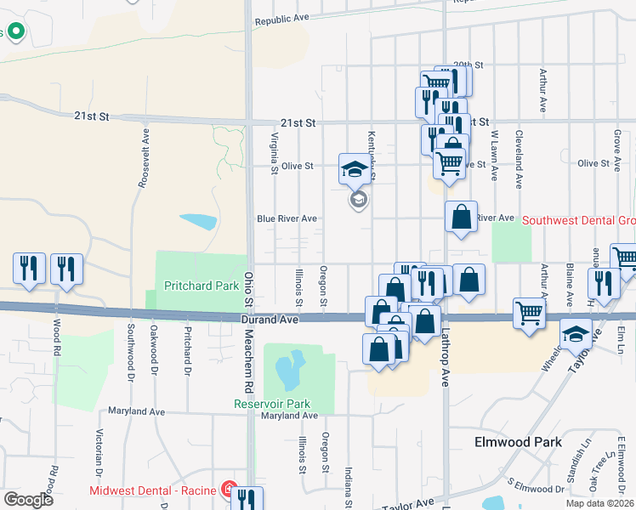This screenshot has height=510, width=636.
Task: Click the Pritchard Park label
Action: point(201,286)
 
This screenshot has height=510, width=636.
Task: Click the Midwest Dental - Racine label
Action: point(153,490)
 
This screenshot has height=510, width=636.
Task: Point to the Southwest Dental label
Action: point(578,220)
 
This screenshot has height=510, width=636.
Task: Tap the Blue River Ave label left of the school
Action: point(287,218)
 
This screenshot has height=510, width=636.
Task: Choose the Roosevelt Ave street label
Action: point(144,157)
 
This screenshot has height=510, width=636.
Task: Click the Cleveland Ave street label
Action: point(518,157)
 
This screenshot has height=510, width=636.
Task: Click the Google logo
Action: point(28,500)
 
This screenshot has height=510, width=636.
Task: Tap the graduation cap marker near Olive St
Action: point(355,168)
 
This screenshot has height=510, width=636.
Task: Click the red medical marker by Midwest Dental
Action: point(229,489)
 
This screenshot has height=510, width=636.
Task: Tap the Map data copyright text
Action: point(600,503)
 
